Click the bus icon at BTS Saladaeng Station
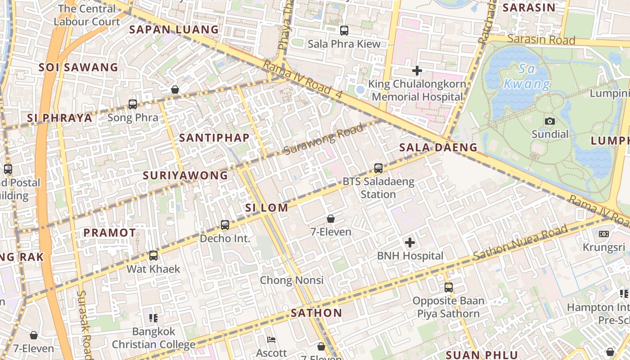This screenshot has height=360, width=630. click(x=378, y=168)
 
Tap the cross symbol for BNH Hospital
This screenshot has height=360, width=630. click(x=410, y=243)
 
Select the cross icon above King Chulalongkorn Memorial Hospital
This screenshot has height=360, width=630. click(x=417, y=71)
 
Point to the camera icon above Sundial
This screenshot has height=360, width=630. click(x=549, y=121)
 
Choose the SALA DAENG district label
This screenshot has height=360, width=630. click(x=438, y=147)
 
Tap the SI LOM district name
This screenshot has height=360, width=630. click(x=266, y=207)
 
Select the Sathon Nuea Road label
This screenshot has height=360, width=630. click(x=520, y=243)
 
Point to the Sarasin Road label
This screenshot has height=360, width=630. click(x=541, y=40)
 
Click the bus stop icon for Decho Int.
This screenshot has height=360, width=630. click(x=225, y=225)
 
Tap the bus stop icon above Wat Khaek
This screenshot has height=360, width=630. click(x=153, y=256)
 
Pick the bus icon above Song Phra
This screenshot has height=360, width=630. click(x=133, y=104)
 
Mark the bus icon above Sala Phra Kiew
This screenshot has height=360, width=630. click(x=344, y=31)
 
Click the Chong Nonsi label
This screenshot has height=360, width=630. click(x=292, y=280)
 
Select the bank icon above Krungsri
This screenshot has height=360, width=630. click(x=604, y=234)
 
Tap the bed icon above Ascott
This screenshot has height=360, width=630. click(x=271, y=340)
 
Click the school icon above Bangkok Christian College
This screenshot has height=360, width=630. click(x=153, y=318)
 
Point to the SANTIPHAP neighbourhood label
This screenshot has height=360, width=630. click(x=214, y=138)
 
